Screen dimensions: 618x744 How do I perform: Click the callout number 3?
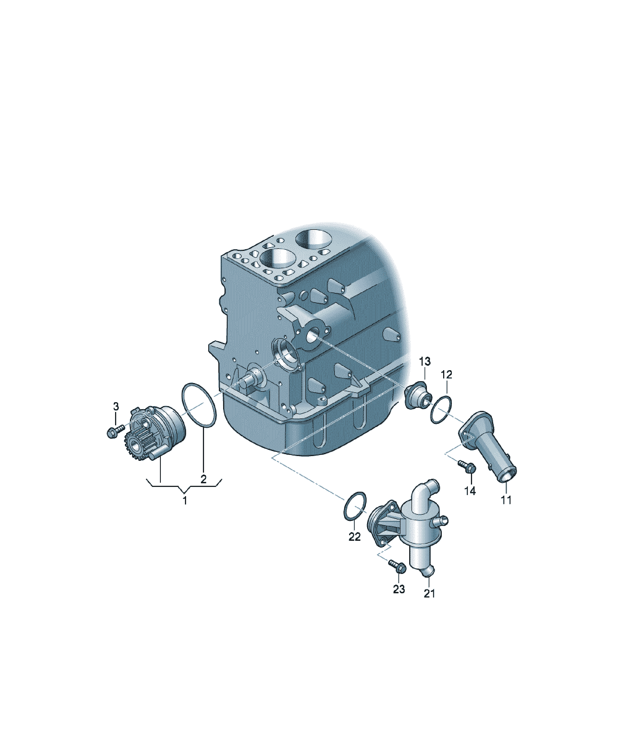coord(116,406)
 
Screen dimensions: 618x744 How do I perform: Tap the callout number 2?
coord(203,479)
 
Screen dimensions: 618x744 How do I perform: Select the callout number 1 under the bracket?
coord(185,501)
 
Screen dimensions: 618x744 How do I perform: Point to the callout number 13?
coord(425,361)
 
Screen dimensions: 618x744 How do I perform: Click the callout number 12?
coord(447,374)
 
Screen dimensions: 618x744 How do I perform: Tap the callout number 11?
coord(506,500)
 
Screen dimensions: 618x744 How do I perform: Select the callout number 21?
coord(429,593)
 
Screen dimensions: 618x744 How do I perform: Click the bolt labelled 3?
coord(115,431)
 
